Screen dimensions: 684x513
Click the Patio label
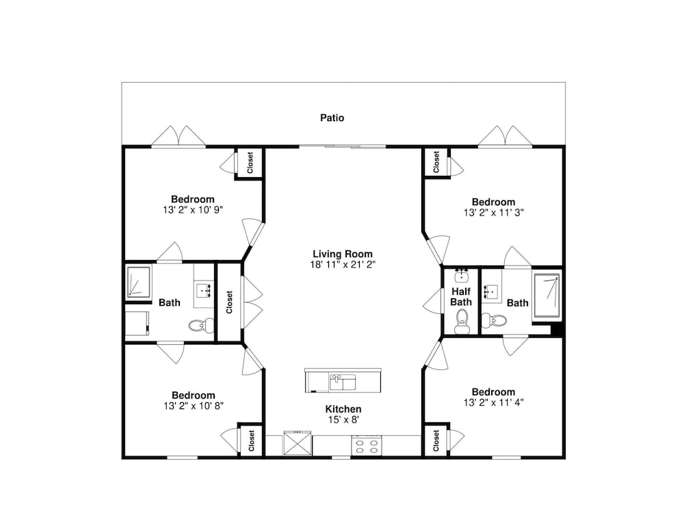tap(332, 118)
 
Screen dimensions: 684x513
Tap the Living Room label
tap(343, 254)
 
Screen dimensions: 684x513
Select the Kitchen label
tap(343, 409)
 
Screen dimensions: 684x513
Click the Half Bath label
tap(461, 297)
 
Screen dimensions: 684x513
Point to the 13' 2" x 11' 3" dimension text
tap(493, 213)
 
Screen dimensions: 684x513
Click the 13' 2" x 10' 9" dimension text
tap(193, 210)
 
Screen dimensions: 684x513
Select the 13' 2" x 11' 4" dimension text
tap(493, 403)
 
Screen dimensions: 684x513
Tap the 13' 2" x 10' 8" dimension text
tap(194, 406)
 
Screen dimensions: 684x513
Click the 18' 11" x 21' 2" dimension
tap(343, 265)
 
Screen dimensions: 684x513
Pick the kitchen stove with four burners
tap(367, 446)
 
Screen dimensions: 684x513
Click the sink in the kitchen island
tap(343, 382)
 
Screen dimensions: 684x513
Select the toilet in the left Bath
tap(202, 324)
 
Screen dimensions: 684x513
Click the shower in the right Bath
tap(547, 295)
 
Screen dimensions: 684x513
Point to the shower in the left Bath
tap(138, 282)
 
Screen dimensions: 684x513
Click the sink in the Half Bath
tap(462, 276)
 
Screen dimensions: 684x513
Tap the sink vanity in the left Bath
tap(204, 286)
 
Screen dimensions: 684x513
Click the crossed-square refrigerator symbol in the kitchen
tap(297, 443)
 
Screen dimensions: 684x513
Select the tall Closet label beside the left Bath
tap(229, 302)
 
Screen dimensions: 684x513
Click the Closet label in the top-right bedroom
tap(436, 162)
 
